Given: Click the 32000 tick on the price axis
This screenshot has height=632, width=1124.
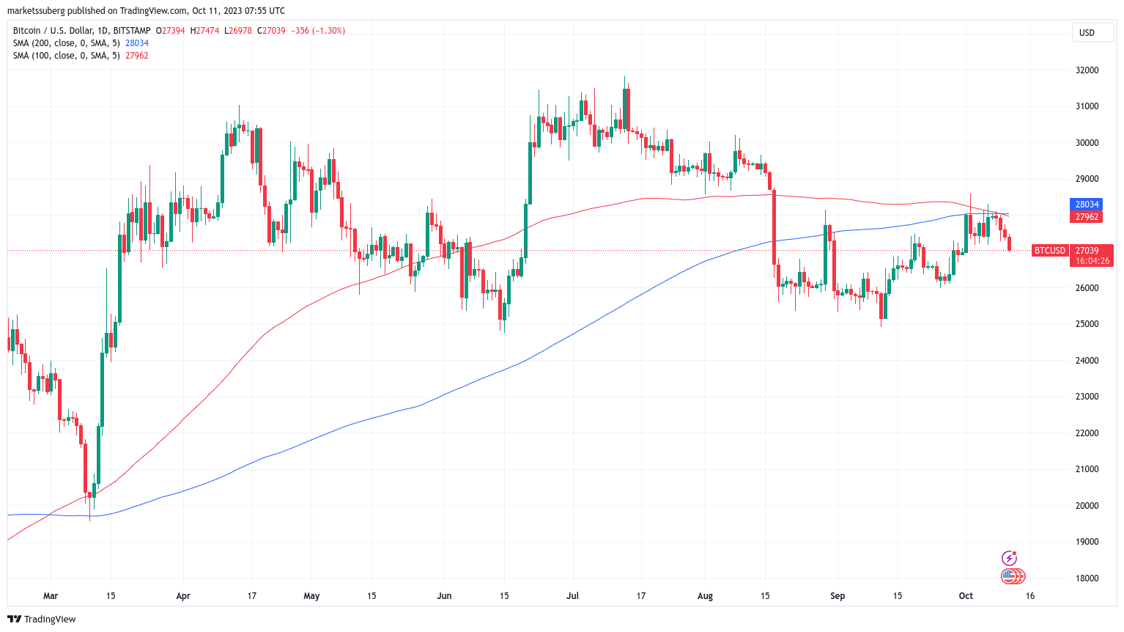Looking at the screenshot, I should click(x=1087, y=70).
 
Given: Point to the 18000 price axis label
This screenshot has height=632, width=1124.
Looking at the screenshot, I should click(x=1087, y=578).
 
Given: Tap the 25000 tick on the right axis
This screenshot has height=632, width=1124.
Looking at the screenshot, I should click(x=1087, y=324).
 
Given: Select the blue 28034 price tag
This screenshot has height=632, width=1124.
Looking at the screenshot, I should click(x=1087, y=205).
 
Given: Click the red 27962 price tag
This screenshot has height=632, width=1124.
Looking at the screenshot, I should click(x=1087, y=217).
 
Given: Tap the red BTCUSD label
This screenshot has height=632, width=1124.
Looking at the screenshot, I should click(x=1049, y=251).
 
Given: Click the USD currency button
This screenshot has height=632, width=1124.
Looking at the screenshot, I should click(x=1087, y=33).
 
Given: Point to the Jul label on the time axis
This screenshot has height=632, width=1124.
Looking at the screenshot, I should click(x=573, y=596).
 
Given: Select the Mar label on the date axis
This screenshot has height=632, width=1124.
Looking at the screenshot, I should click(x=51, y=596).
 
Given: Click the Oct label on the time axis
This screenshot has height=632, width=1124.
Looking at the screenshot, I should click(x=966, y=596).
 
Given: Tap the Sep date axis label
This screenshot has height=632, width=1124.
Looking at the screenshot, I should click(x=838, y=596).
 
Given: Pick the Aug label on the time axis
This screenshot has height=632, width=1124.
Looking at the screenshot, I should click(x=705, y=596).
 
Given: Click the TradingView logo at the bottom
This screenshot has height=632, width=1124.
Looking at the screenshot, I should click(x=42, y=619).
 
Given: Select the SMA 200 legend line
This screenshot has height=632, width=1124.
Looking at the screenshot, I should click(x=81, y=43).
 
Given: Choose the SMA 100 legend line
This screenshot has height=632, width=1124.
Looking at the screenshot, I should click(x=81, y=56).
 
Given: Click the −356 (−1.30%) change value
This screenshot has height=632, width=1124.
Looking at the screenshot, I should click(x=318, y=31).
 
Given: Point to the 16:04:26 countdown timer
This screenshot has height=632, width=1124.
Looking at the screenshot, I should click(x=1092, y=261).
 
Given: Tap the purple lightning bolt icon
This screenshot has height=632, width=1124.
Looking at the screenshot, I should click(x=1010, y=559).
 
